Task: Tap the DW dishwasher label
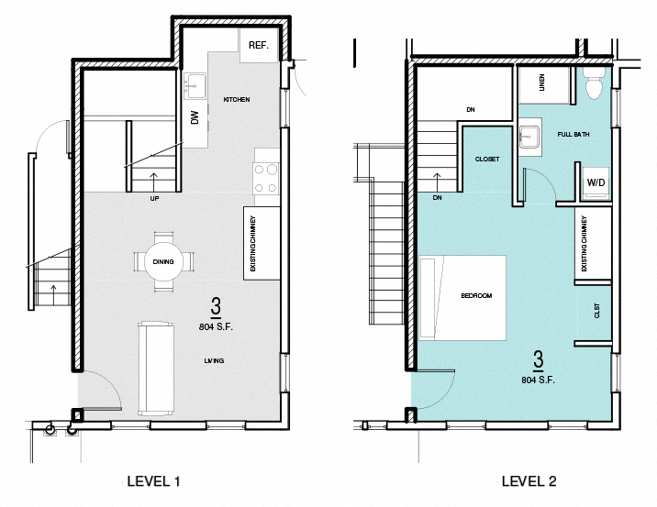[195, 117]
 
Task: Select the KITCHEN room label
[237, 99]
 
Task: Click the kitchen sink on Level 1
[195, 86]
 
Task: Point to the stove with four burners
[266, 178]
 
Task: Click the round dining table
[163, 262]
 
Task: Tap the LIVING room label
[214, 361]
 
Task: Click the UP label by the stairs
[153, 197]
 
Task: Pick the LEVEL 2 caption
[529, 479]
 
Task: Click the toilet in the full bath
[593, 85]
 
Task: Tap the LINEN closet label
[541, 83]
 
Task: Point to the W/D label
[596, 183]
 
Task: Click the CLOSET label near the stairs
[487, 160]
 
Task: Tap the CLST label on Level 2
[597, 311]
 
